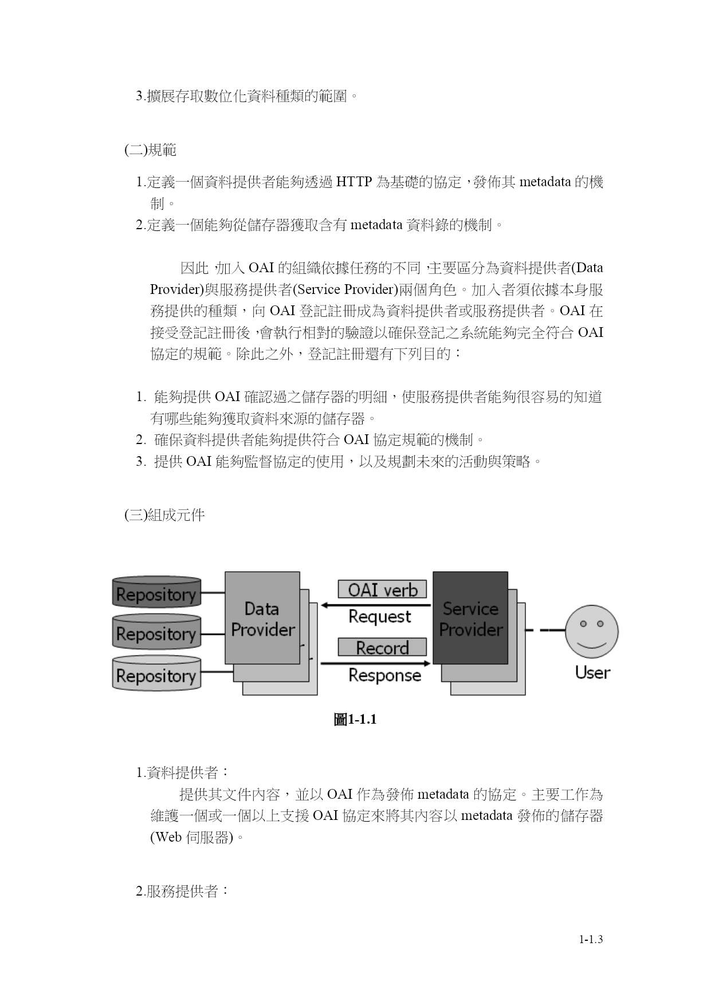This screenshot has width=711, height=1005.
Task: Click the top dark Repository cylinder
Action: point(156,592)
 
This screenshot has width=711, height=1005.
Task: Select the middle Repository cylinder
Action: point(156,632)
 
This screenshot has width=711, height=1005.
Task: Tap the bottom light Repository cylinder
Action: point(156,673)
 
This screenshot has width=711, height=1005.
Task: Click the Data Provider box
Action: point(262,618)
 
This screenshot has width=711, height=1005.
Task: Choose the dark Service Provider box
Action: point(470,618)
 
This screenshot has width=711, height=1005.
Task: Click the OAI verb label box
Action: point(382,590)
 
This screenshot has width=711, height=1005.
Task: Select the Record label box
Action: point(382,647)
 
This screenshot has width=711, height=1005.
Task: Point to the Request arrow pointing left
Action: point(376,605)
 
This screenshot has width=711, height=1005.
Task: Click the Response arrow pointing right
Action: point(376,664)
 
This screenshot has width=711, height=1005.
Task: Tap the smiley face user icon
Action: point(592,631)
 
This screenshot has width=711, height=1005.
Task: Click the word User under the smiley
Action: point(592,672)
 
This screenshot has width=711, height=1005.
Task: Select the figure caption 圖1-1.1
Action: point(355,720)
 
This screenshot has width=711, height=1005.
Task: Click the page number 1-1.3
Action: point(591,940)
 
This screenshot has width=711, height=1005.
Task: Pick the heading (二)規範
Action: point(150,151)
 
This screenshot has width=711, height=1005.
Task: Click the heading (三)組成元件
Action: point(164,515)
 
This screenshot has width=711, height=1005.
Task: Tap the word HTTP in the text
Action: point(354,183)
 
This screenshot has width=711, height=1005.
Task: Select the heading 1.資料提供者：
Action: point(183,773)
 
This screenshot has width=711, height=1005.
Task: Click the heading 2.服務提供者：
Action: point(183,892)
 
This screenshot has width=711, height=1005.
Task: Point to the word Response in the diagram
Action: point(384,676)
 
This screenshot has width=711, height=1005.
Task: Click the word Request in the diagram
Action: point(380,617)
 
